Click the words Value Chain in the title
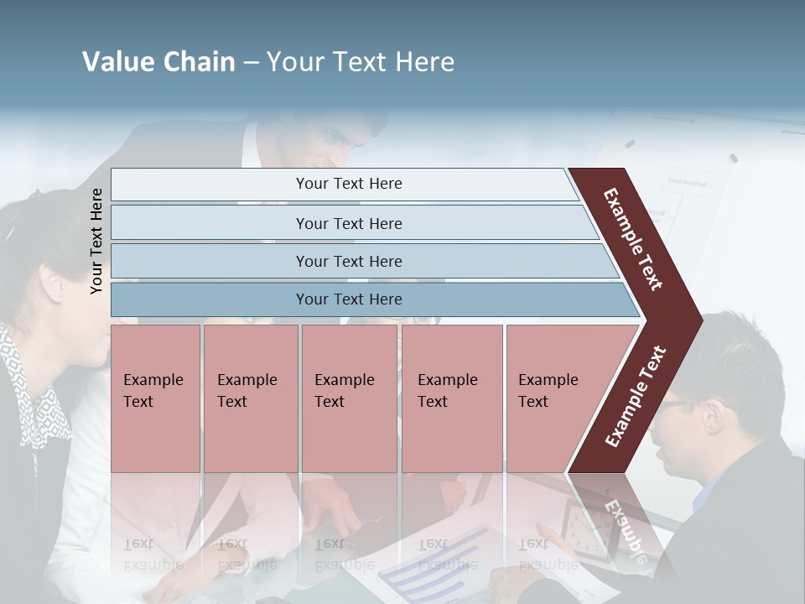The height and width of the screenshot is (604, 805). pyautogui.click(x=158, y=62)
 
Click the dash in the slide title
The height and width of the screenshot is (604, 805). pyautogui.click(x=251, y=62)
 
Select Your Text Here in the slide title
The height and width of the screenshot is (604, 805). pyautogui.click(x=361, y=62)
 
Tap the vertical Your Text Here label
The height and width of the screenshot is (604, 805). pyautogui.click(x=96, y=241)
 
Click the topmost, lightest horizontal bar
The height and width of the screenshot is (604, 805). pyautogui.click(x=348, y=184)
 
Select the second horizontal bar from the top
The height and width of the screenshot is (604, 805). pyautogui.click(x=349, y=223)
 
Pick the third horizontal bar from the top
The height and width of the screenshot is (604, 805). pyautogui.click(x=349, y=261)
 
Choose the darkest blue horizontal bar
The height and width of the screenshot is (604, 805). pyautogui.click(x=349, y=299)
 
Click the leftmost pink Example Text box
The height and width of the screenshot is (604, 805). pyautogui.click(x=155, y=398)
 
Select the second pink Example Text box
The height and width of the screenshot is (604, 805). pyautogui.click(x=250, y=398)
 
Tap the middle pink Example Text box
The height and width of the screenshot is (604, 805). pyautogui.click(x=349, y=398)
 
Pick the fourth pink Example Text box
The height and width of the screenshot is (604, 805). pyautogui.click(x=452, y=398)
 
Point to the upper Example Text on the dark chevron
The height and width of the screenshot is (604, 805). pyautogui.click(x=633, y=239)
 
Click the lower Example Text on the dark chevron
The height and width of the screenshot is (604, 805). pyautogui.click(x=635, y=397)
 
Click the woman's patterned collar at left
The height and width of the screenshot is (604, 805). pyautogui.click(x=38, y=394)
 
